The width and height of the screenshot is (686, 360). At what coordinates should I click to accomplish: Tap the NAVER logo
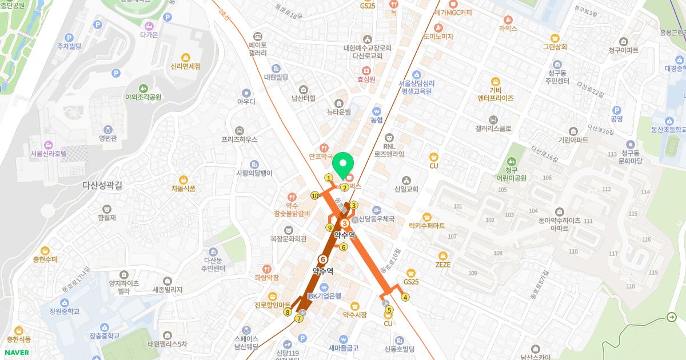click(x=15, y=353)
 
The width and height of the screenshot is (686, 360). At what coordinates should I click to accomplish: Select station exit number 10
click(x=315, y=195)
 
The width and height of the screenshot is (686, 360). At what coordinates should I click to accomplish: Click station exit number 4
click(x=405, y=297)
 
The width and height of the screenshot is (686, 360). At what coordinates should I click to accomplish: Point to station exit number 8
click(x=288, y=312)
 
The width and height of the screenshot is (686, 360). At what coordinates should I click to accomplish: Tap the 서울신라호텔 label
click(x=49, y=153)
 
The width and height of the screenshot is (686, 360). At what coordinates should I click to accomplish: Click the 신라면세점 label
click(x=186, y=66)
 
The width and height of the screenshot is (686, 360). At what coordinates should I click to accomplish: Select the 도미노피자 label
click(x=438, y=37)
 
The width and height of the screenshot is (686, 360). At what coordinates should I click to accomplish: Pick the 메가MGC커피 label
click(x=453, y=12)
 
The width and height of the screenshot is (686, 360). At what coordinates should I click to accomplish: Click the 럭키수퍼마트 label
click(x=426, y=225)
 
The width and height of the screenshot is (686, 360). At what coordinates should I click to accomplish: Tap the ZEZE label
click(x=443, y=265)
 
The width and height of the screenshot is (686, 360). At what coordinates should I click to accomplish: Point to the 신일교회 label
click(x=406, y=189)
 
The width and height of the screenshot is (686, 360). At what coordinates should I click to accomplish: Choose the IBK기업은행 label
click(x=324, y=295)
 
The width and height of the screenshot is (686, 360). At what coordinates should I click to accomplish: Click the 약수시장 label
click(x=354, y=314)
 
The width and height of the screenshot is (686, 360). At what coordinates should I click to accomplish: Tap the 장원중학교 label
click(x=65, y=311)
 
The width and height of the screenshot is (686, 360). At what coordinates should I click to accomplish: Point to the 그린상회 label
click(x=555, y=47)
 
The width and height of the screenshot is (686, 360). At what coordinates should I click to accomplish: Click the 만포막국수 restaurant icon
click(x=325, y=147)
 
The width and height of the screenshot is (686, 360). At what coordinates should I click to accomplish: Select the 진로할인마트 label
click(x=273, y=305)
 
